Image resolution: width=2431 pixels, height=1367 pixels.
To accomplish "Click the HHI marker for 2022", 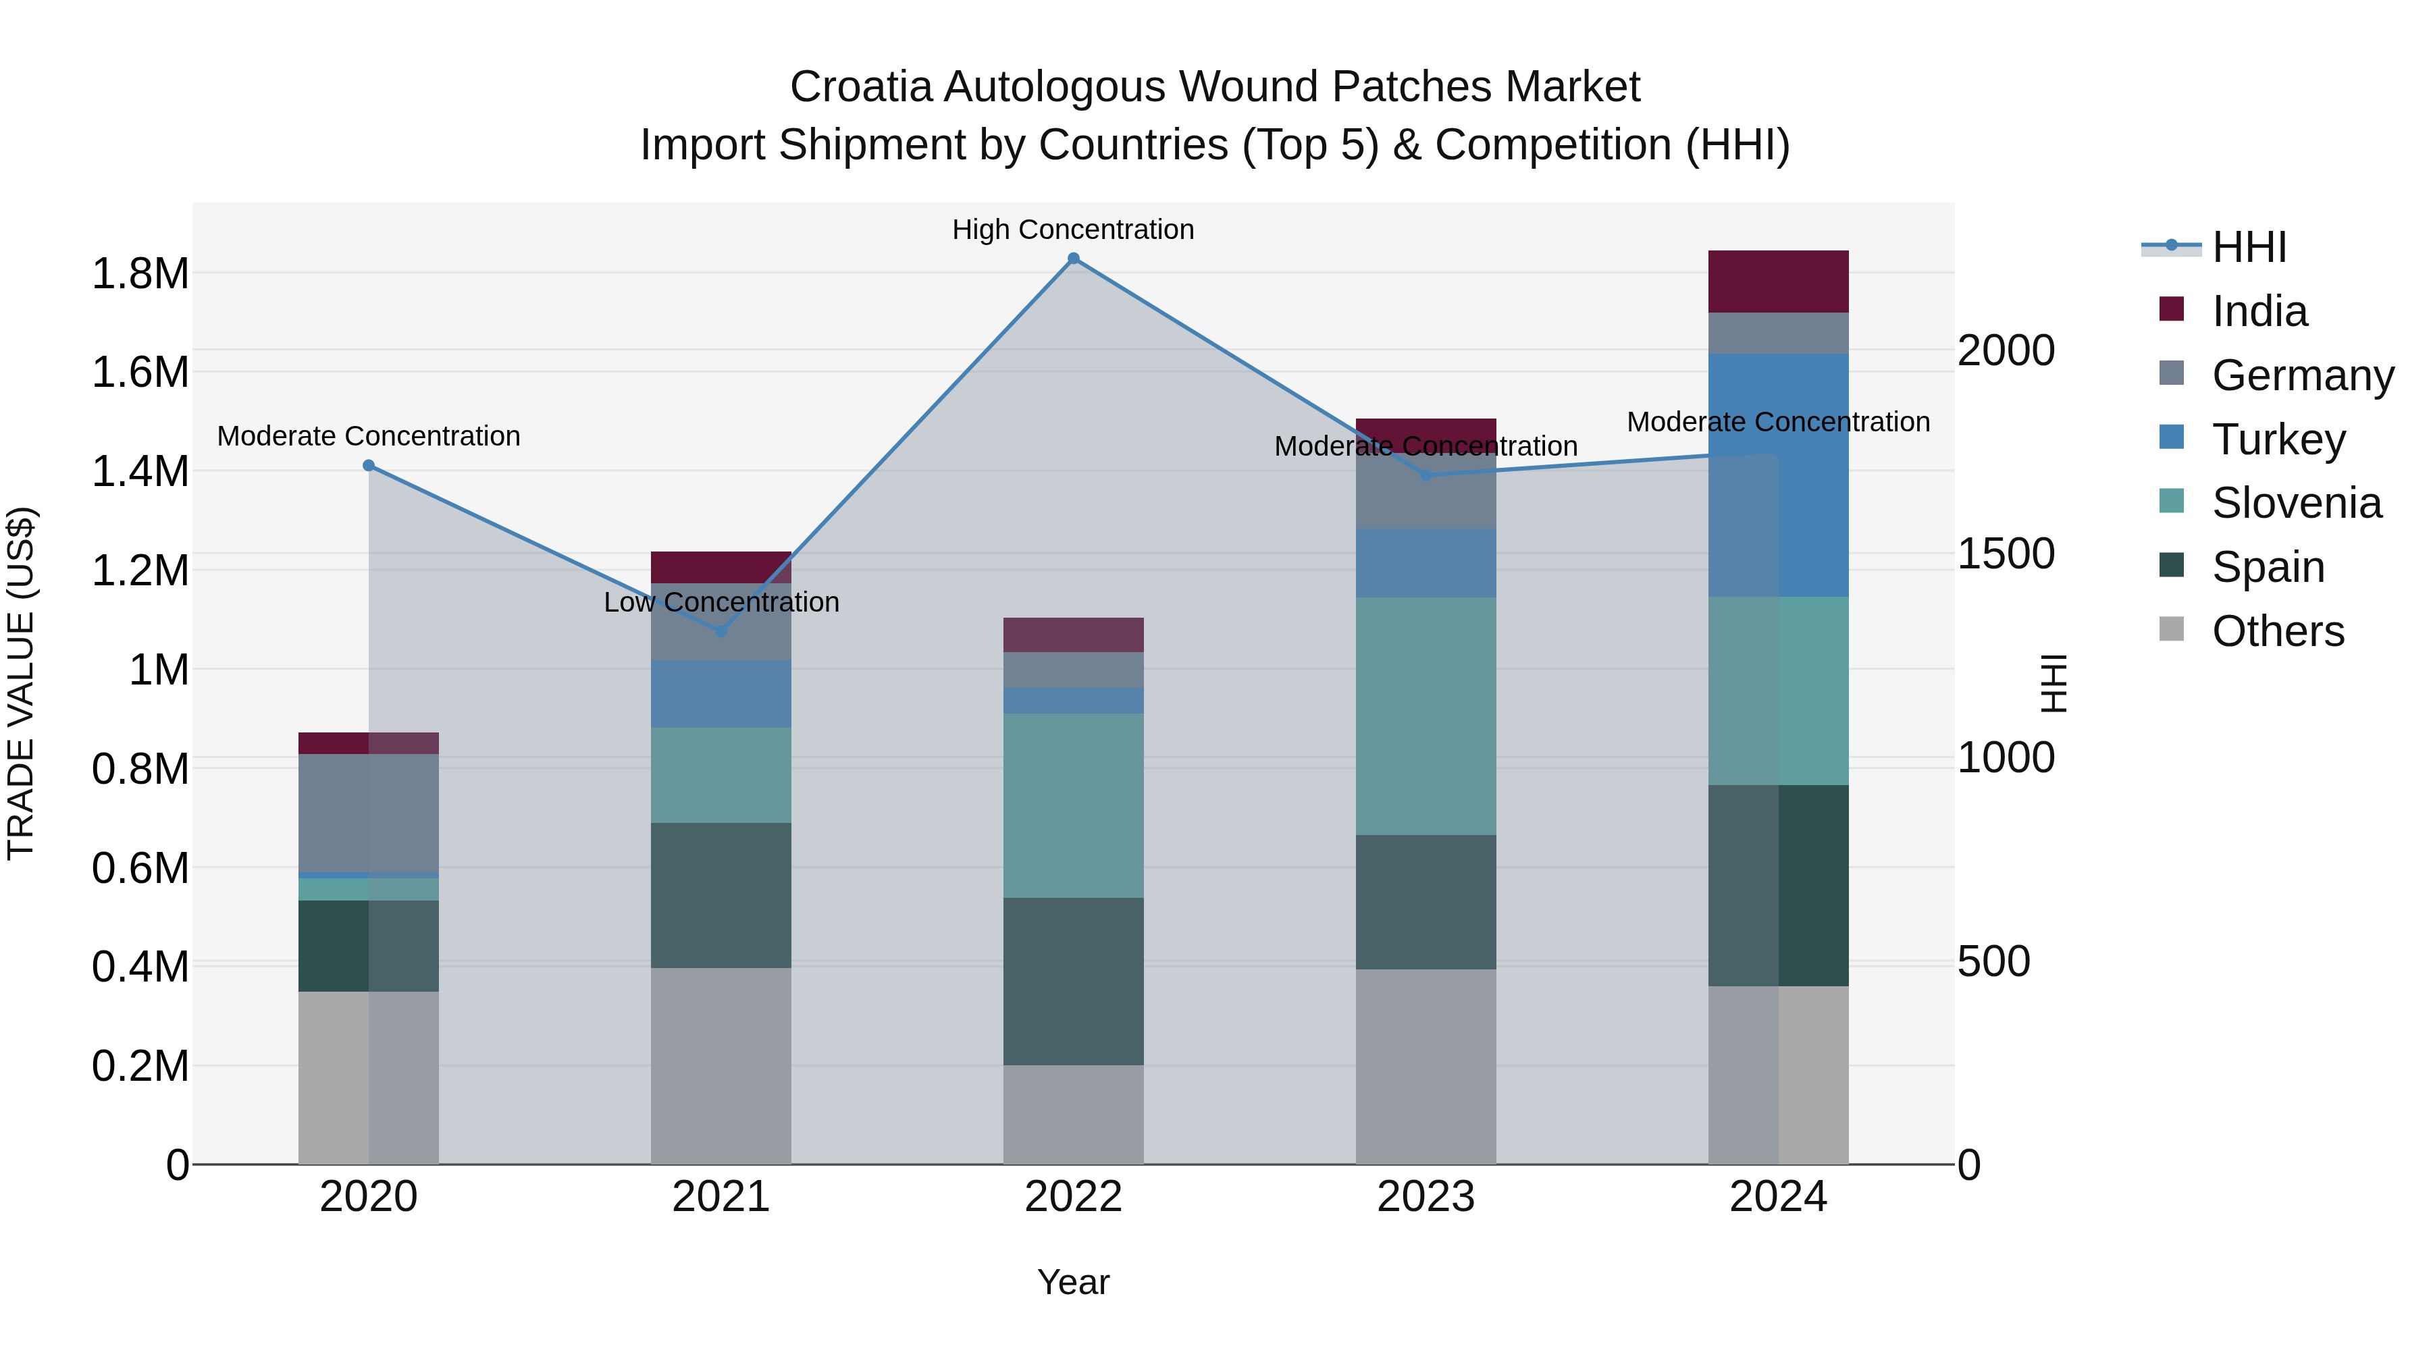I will [1073, 259].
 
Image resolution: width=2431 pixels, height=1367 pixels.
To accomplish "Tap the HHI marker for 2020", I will [369, 466].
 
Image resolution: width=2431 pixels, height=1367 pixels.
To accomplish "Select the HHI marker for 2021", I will [721, 631].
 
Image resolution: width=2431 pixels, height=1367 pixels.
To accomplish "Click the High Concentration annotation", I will [1073, 230].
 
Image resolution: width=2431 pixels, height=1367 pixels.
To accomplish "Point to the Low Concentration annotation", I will [721, 602].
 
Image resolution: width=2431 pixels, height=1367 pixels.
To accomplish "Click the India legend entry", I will [2259, 311].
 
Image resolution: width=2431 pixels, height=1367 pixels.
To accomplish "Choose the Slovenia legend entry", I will [2296, 503].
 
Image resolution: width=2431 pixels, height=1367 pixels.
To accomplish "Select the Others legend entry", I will [2277, 631].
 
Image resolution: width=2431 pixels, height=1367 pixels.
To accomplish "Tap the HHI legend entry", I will [2249, 247].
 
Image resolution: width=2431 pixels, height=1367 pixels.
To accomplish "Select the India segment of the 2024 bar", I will [1778, 281].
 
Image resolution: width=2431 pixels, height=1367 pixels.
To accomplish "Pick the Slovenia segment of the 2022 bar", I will [1073, 805].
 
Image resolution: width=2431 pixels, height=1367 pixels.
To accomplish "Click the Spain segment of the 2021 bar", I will [721, 894].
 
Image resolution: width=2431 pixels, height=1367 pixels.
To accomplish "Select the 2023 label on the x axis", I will [1426, 1197].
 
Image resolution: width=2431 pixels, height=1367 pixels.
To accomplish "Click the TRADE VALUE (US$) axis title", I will [21, 683].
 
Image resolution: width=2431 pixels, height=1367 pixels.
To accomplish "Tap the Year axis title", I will [1073, 1282].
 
